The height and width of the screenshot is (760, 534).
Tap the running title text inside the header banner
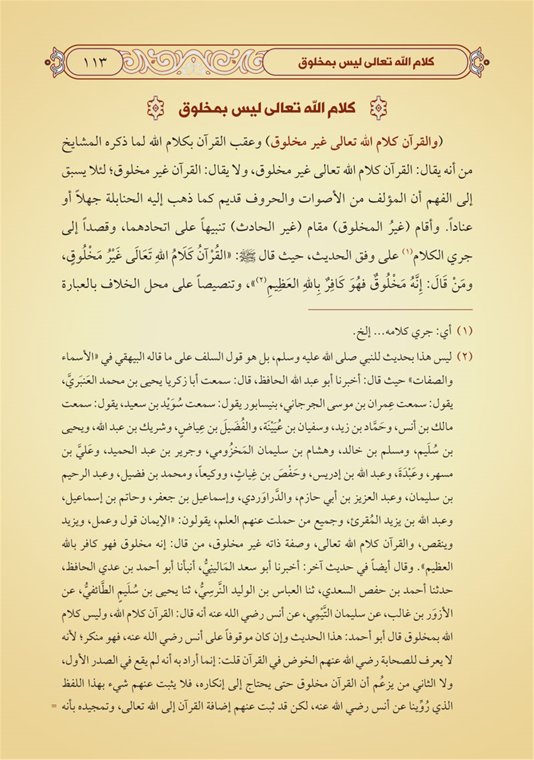(x=366, y=62)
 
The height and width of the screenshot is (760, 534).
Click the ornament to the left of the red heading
(x=155, y=109)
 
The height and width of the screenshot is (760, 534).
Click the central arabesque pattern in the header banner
(x=193, y=62)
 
